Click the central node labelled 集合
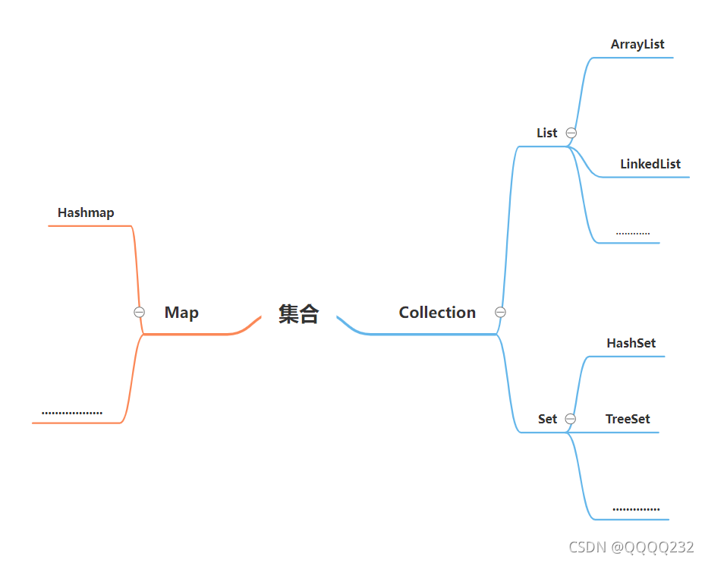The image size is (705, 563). tap(298, 313)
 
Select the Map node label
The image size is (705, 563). tap(181, 313)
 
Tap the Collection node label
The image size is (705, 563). tap(437, 313)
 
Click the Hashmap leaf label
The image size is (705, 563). tap(86, 213)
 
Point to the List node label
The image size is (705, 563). tap(546, 133)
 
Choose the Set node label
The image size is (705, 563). tap(547, 419)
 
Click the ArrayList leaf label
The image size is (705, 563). tap(637, 45)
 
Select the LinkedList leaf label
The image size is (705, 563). tap(650, 164)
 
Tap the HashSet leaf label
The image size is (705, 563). tap(631, 343)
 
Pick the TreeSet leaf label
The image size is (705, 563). tap(628, 419)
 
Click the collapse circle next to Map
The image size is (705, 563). tap(139, 312)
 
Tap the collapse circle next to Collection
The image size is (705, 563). tap(500, 312)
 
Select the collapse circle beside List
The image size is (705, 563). tap(571, 133)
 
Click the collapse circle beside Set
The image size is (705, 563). tap(571, 419)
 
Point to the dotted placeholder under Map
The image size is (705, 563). tap(72, 414)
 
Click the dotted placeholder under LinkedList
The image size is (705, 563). tap(633, 233)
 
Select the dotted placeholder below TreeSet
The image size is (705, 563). tap(636, 509)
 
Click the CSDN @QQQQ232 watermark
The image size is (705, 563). tap(631, 547)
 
